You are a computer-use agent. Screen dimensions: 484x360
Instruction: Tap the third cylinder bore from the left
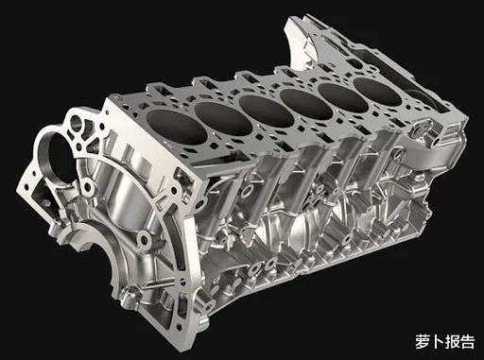[x=267, y=111]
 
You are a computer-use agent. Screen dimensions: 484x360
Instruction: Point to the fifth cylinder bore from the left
[x=343, y=97]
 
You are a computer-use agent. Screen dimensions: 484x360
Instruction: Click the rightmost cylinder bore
[x=377, y=92]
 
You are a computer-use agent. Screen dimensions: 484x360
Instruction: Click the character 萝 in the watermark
[x=422, y=342]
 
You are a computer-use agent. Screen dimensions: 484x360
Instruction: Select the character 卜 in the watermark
[x=438, y=342]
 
